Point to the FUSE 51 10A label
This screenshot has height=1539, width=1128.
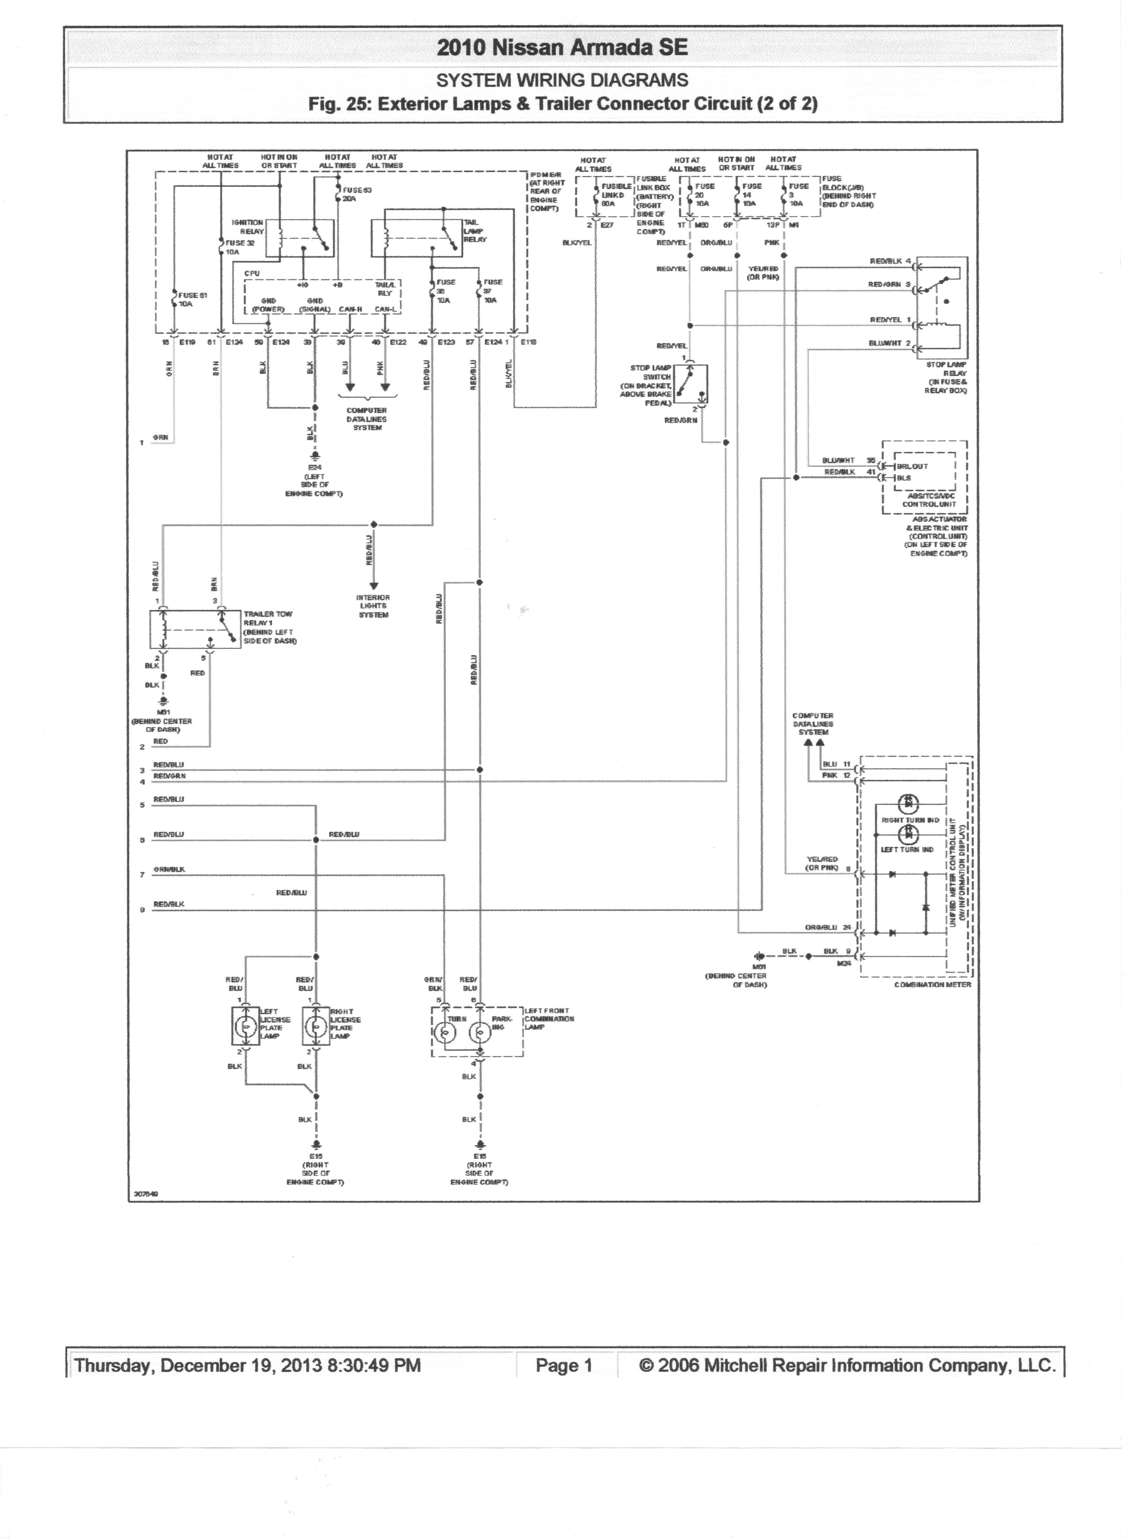(192, 299)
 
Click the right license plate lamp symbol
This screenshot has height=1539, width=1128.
(315, 1026)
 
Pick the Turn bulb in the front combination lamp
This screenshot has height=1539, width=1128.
(446, 1033)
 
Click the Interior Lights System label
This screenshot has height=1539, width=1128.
(373, 606)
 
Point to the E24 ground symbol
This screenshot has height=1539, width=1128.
(315, 456)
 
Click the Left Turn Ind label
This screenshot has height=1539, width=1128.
(907, 850)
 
